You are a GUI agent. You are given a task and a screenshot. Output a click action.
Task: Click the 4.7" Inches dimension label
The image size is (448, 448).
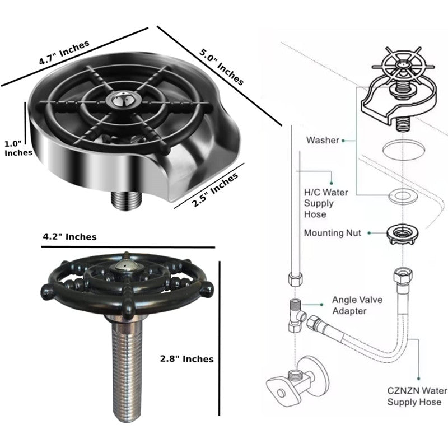coord(64,53)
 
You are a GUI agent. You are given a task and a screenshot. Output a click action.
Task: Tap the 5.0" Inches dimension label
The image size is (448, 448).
coord(221,67)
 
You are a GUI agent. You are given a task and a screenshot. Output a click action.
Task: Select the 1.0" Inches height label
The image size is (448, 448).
coord(18,148)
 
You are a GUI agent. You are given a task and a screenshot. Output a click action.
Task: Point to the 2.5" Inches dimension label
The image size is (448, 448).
coord(214,190)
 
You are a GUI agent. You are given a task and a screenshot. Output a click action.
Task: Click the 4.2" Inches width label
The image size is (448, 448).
coord(69,237)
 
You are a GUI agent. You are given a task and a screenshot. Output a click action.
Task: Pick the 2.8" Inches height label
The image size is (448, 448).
coord(187,359)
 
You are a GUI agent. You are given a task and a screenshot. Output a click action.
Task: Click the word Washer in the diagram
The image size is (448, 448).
coord(323,140)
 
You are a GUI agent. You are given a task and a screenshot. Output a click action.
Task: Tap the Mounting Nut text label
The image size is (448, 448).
coord(333,233)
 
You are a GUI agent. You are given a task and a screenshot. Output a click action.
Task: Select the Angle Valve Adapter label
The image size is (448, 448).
coord(357,305)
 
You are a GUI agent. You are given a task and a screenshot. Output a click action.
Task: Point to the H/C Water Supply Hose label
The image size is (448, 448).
coord(326,203)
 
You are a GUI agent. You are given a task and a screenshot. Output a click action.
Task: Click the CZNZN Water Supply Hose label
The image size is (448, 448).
coord(417,396)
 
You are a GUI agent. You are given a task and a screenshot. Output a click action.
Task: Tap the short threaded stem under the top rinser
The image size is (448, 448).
coord(126,200)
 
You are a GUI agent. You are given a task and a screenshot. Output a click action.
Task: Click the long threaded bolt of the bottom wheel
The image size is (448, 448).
coord(127,368)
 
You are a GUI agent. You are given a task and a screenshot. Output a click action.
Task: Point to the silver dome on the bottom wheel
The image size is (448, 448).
coord(127,265)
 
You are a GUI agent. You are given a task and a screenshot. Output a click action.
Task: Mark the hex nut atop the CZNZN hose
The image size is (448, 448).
coord(403,276)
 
